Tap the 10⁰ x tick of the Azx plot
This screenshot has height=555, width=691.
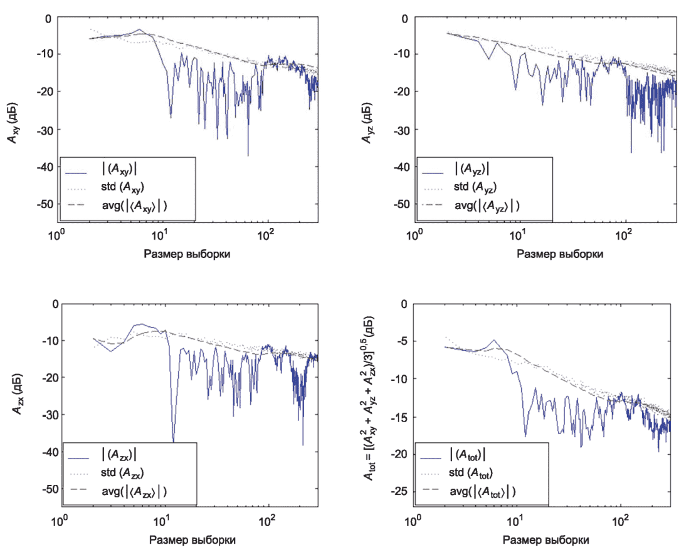tap(60, 520)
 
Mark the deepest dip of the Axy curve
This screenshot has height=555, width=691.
tap(248, 155)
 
